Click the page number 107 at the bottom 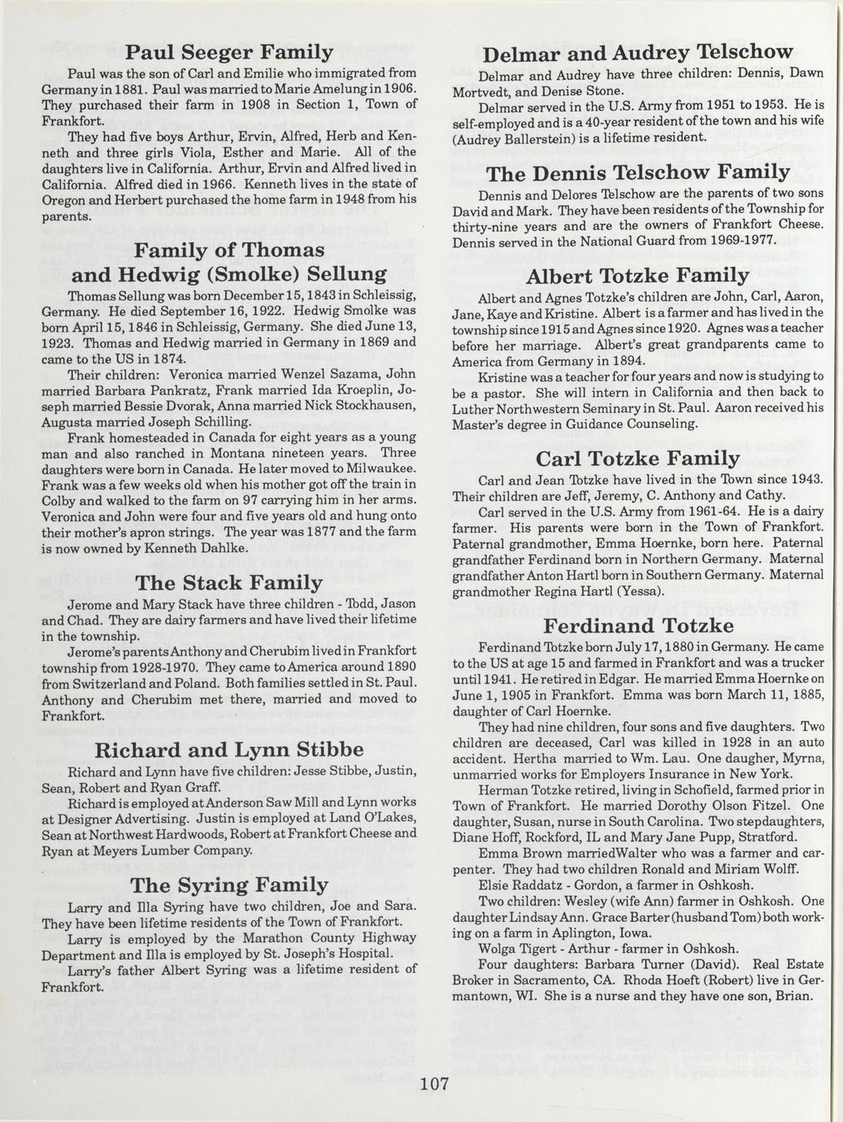[x=436, y=1084]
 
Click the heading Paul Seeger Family [x=229, y=53]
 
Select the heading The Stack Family [x=228, y=583]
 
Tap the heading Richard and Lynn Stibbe [x=229, y=749]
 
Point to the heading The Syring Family [x=229, y=885]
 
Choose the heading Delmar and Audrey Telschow [x=637, y=53]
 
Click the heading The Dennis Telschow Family [x=637, y=172]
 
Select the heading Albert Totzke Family [x=637, y=276]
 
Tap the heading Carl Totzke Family [x=638, y=458]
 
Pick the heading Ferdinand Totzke [x=638, y=626]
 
